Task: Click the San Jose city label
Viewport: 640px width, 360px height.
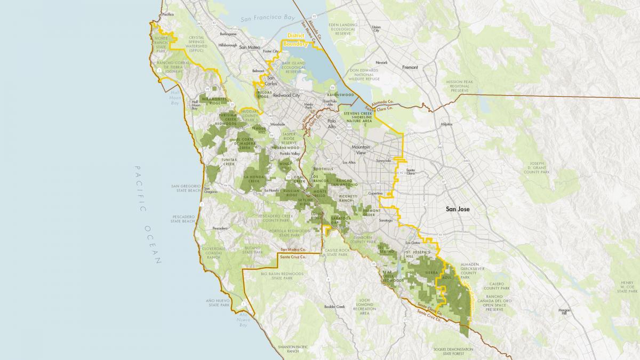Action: tap(458, 210)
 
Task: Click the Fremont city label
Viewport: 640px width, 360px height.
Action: tap(410, 68)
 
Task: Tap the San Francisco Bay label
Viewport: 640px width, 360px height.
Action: tap(267, 18)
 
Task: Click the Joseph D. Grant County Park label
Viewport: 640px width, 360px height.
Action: tap(537, 167)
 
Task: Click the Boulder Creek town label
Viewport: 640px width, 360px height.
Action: tap(334, 306)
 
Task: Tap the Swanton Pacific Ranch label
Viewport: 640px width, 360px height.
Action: tap(291, 349)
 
